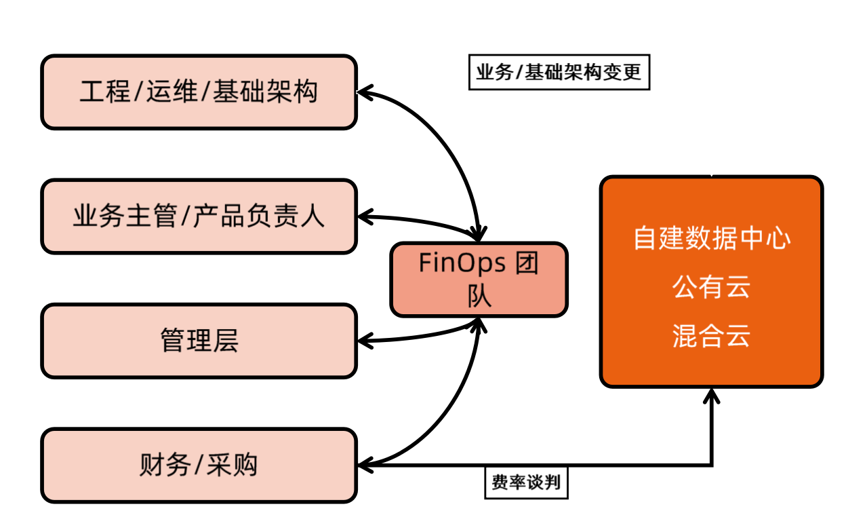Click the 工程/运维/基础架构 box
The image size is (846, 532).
click(199, 92)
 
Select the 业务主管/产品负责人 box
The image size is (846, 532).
click(199, 216)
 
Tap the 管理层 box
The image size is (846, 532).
click(199, 341)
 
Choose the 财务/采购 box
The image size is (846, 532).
click(199, 465)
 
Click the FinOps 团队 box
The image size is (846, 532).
click(479, 280)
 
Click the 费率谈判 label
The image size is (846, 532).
click(526, 482)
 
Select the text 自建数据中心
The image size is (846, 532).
click(711, 239)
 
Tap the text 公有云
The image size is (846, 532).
click(711, 288)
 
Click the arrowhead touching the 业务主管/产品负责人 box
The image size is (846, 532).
click(364, 216)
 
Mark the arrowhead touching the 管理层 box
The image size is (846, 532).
click(364, 341)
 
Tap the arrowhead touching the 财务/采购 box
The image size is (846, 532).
click(364, 465)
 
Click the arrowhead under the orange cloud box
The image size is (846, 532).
click(711, 395)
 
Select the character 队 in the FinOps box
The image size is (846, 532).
click(479, 297)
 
